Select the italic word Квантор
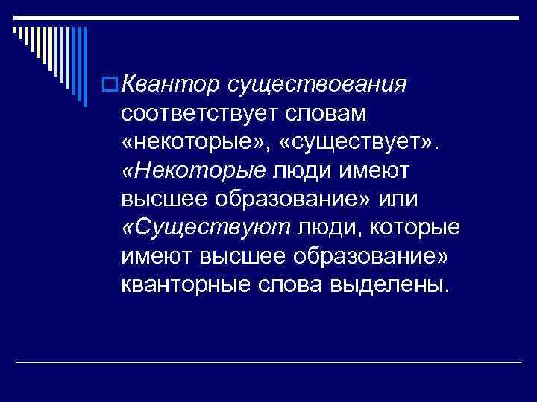(160, 86)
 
